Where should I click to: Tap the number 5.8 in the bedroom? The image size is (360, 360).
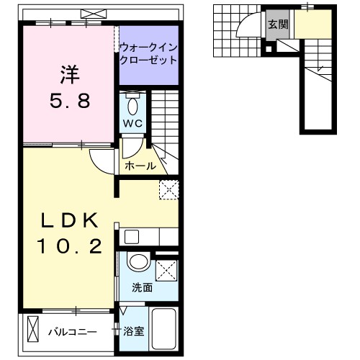(x=70, y=102)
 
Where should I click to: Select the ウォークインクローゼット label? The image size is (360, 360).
(x=148, y=53)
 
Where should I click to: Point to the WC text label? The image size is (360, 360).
(x=134, y=123)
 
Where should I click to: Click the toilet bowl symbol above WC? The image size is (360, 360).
(x=133, y=105)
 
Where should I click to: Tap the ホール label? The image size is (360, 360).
(x=140, y=166)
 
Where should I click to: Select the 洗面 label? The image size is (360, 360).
(x=141, y=287)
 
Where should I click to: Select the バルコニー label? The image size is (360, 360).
(x=72, y=332)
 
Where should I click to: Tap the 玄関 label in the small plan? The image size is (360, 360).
(x=277, y=24)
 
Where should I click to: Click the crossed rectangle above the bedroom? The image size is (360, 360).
(x=91, y=13)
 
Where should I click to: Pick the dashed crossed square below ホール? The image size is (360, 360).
(x=168, y=189)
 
